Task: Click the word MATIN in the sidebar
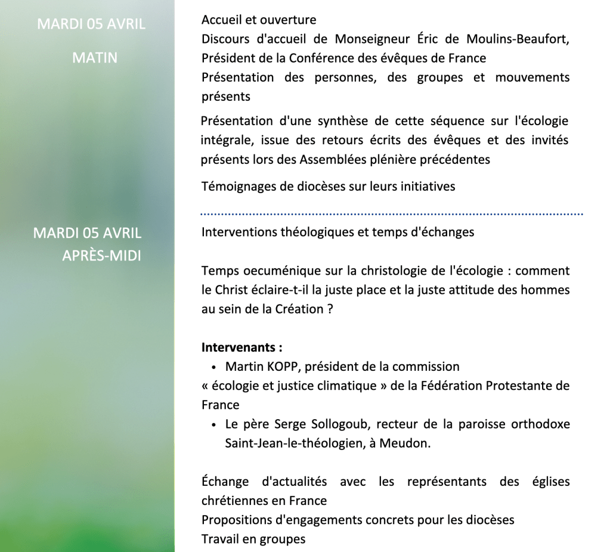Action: pyautogui.click(x=94, y=58)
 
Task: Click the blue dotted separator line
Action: pyautogui.click(x=392, y=213)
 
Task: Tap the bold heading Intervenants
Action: pyautogui.click(x=241, y=347)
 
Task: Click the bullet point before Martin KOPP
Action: pyautogui.click(x=213, y=367)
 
